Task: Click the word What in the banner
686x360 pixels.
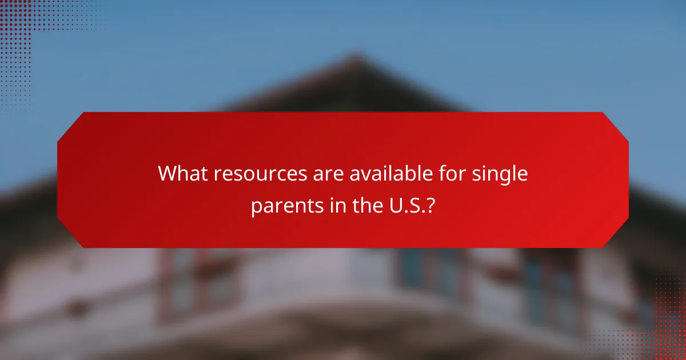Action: pos(180,174)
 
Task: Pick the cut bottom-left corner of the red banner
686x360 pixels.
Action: pos(70,235)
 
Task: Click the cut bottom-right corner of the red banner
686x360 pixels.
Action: pos(616,235)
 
